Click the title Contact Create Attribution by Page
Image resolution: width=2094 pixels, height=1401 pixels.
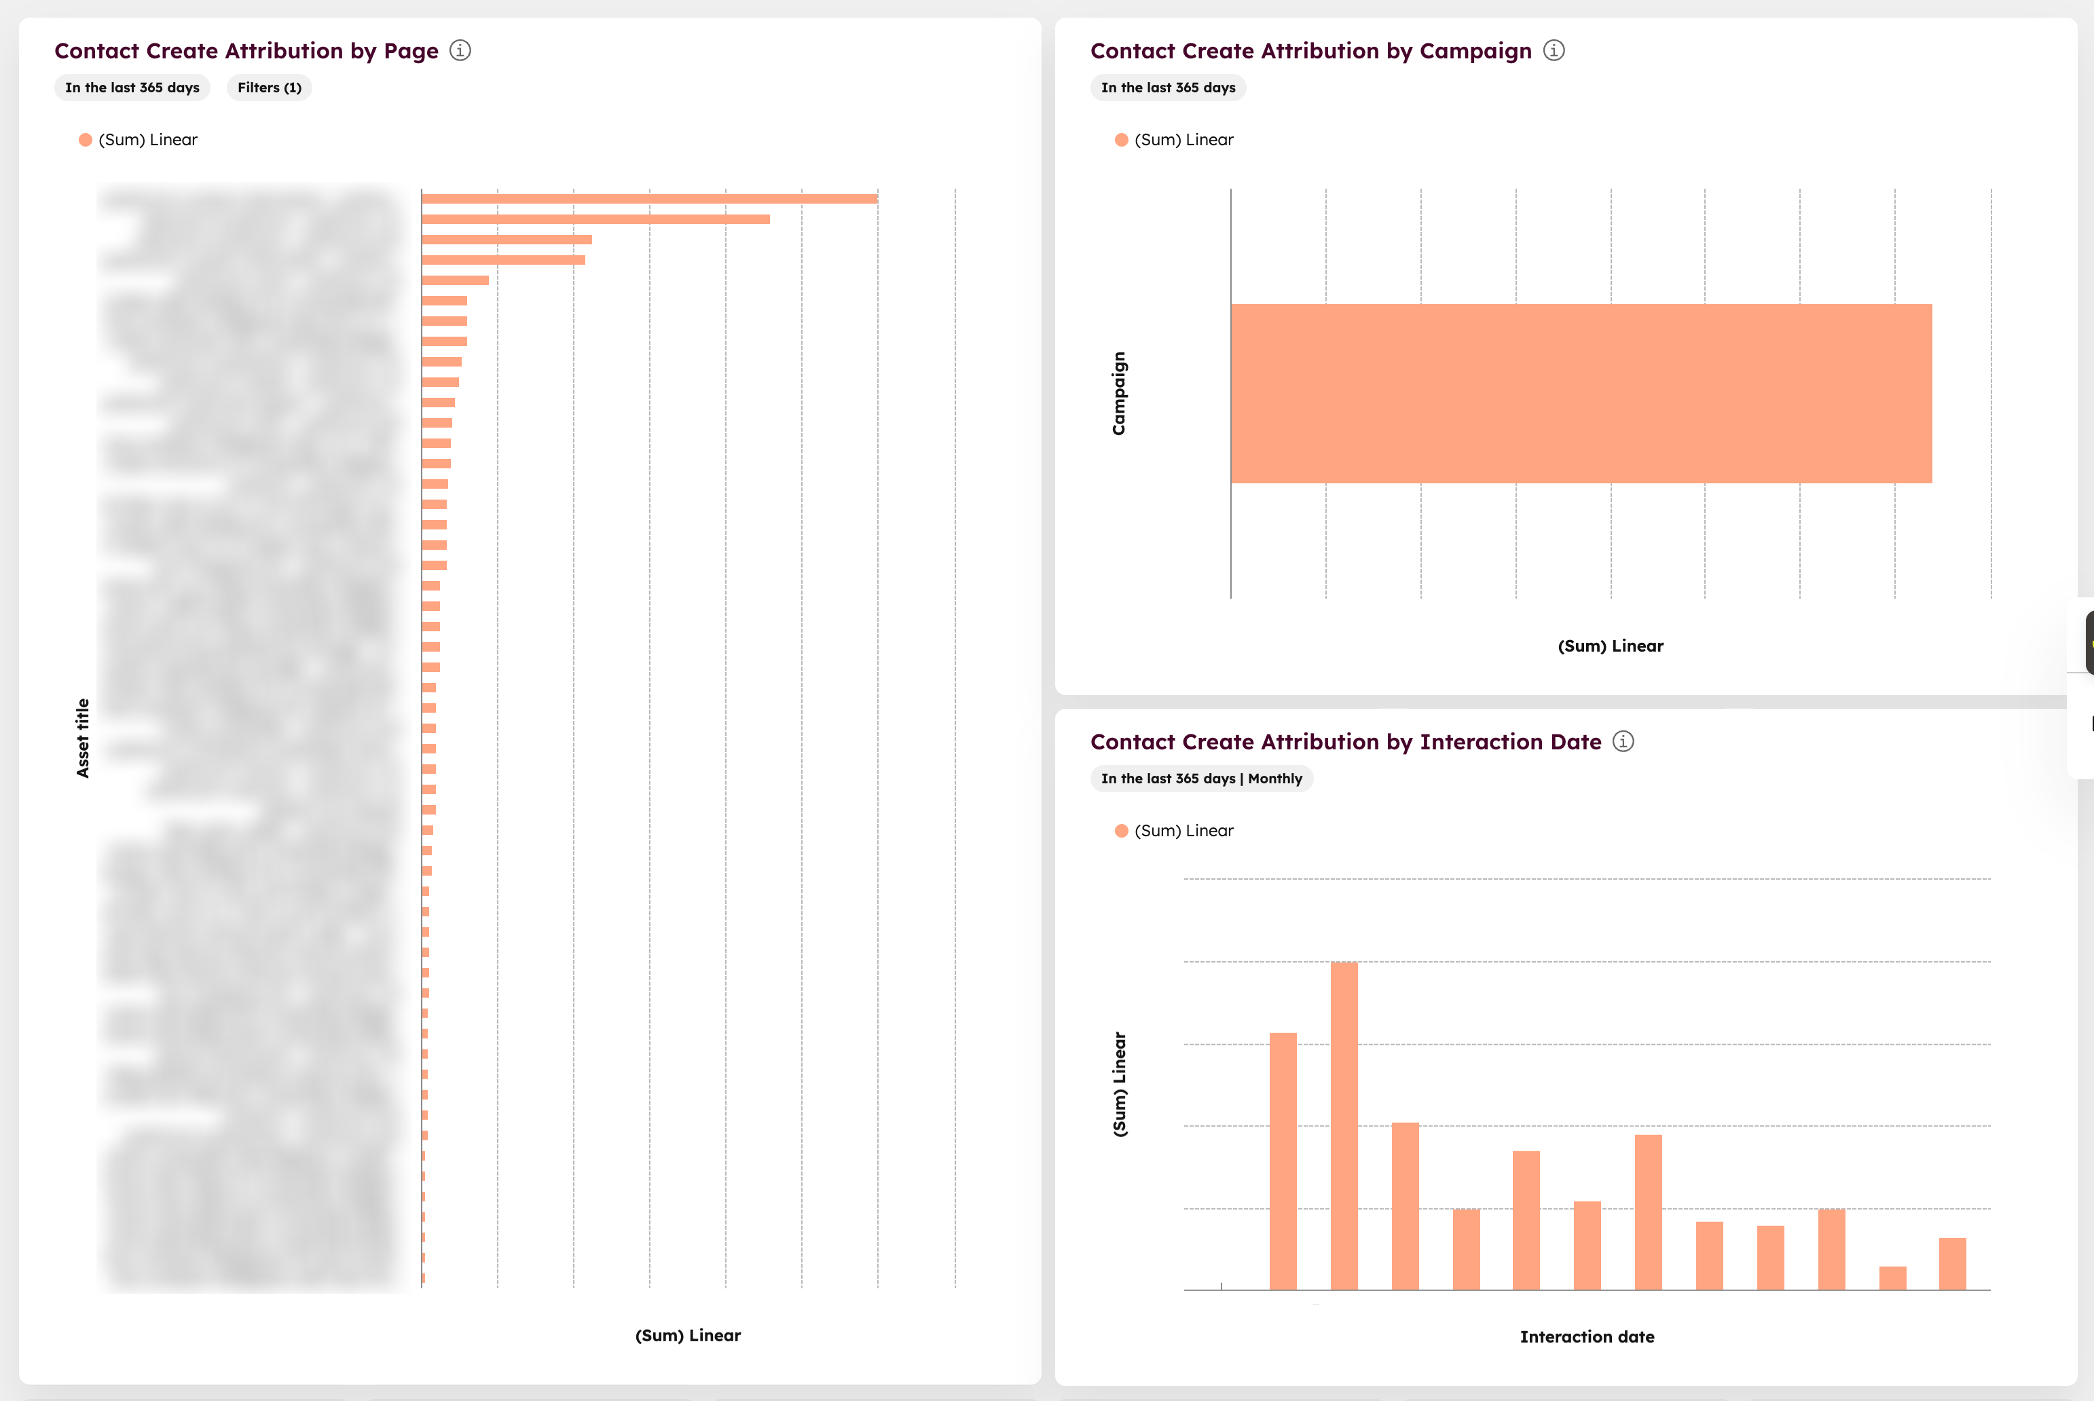click(246, 51)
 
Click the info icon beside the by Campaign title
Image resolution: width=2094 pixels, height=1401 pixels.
click(1554, 51)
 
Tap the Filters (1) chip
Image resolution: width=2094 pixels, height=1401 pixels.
click(269, 88)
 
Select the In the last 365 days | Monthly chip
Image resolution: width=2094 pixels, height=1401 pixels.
click(1200, 779)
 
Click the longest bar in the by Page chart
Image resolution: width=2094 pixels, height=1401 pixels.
click(649, 198)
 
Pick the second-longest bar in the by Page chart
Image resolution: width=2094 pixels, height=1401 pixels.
click(595, 219)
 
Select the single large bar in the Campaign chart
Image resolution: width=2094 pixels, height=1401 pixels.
click(1580, 393)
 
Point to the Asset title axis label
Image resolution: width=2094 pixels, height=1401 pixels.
click(83, 738)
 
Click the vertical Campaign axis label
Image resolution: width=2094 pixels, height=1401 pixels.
click(1119, 393)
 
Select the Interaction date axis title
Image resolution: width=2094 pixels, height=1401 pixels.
click(1586, 1337)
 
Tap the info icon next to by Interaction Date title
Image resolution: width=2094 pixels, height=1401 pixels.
click(1623, 742)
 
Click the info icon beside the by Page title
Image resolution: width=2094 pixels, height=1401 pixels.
click(460, 51)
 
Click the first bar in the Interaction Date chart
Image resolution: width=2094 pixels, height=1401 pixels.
click(1283, 1161)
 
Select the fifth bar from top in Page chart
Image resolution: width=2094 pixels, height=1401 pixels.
click(455, 280)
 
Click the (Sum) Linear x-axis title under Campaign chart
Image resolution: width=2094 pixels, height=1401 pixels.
click(1610, 646)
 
